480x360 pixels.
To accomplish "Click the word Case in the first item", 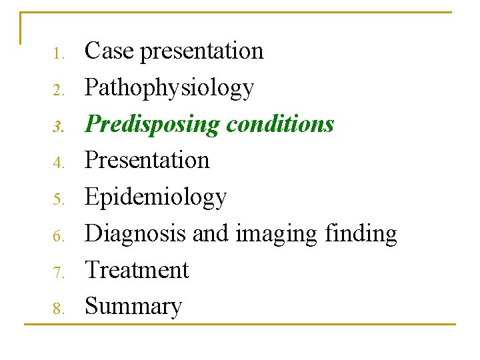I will tap(109, 51).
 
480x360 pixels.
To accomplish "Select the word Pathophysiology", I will tap(169, 88).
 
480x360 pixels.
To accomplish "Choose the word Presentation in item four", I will tap(147, 161).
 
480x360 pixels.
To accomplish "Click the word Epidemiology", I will tap(156, 197).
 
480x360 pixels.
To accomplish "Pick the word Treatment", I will tap(137, 270).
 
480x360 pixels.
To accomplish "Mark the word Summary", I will tap(133, 307).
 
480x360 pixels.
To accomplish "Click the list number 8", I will tap(59, 309).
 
